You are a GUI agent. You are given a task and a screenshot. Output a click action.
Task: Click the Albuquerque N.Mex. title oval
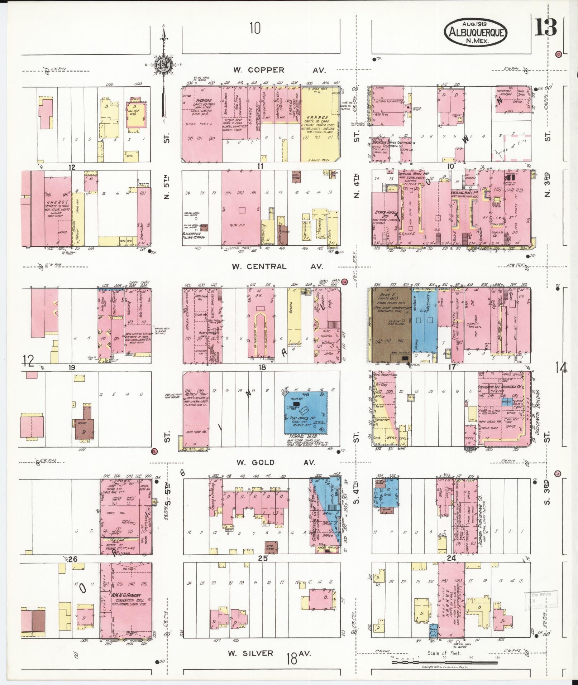pos(476,33)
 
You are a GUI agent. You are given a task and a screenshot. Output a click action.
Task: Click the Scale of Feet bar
pos(444,662)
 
